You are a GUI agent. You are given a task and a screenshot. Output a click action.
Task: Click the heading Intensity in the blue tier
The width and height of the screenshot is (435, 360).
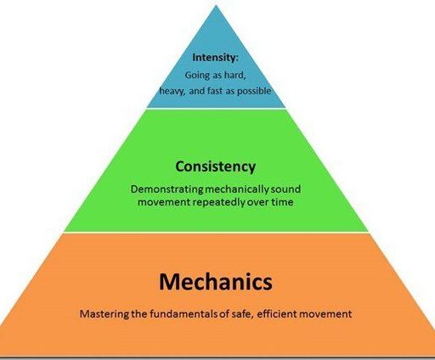pos(215,58)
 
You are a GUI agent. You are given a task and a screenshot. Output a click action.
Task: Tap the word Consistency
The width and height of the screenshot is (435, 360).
pos(216,166)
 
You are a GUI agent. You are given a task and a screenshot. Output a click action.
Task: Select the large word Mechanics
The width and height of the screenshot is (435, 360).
pos(216,282)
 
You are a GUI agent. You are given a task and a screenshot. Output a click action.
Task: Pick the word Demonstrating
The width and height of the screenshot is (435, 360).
pos(167,189)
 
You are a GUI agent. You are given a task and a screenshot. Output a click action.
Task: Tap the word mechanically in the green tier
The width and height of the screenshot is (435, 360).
pos(237,189)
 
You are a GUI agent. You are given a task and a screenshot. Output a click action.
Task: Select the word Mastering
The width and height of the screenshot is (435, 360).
pos(105,314)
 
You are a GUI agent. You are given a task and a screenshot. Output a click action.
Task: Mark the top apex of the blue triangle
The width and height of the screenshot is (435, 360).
pos(216,5)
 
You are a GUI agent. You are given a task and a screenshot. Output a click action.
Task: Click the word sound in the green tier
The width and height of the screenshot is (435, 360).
pos(285,189)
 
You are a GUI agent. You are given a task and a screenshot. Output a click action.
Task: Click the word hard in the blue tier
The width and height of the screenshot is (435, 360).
pos(234,76)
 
